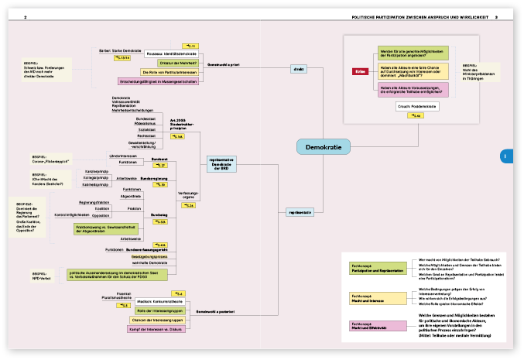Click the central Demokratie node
(x=323, y=146)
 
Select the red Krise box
(x=360, y=71)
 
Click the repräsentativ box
(x=300, y=211)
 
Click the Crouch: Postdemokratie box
(x=417, y=105)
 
